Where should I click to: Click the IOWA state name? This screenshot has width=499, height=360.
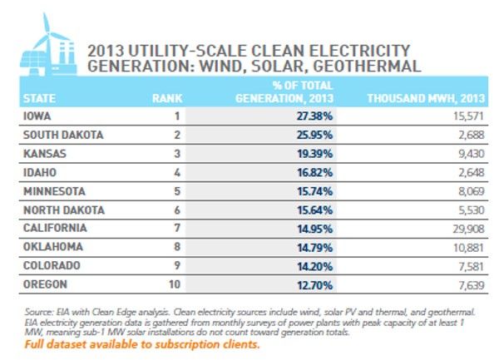tap(37, 116)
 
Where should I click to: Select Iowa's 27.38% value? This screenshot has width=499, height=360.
tap(314, 116)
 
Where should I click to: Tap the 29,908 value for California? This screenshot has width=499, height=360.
tap(468, 229)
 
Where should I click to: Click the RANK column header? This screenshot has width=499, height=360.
tap(167, 99)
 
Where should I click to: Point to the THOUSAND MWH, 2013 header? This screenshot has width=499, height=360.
tap(426, 98)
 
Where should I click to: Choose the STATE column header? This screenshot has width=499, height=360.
tap(39, 99)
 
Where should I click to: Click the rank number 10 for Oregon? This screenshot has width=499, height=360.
tap(175, 284)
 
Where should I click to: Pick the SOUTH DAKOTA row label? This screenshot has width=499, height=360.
tap(63, 135)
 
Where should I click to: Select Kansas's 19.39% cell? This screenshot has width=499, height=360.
tap(314, 154)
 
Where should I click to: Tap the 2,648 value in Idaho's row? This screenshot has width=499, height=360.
tap(472, 173)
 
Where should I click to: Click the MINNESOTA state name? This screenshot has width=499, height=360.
tap(54, 191)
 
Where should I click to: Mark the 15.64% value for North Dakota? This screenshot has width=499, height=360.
tap(314, 210)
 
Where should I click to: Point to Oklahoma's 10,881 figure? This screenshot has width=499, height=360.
tap(469, 248)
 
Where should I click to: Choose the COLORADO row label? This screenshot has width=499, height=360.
tap(52, 265)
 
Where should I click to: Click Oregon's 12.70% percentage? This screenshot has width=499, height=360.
tap(314, 285)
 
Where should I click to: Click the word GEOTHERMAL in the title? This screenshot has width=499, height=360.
tap(367, 67)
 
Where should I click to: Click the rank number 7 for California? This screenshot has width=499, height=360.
tap(177, 228)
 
